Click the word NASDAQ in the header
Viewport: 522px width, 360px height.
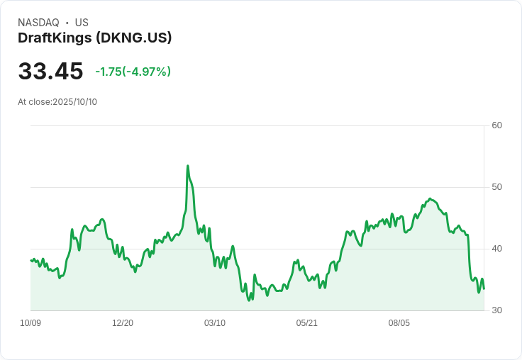(x=38, y=23)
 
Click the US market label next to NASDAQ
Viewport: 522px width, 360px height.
(x=82, y=23)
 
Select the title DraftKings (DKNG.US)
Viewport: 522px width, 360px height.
(x=95, y=38)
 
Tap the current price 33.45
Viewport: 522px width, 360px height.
(x=50, y=72)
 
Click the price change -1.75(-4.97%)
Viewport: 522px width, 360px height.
(x=133, y=72)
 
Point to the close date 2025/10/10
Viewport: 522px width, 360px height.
(x=74, y=102)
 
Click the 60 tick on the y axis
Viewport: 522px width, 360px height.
(x=496, y=125)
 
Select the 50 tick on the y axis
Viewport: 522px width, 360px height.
(x=496, y=187)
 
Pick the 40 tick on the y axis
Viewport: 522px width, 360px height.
(x=496, y=249)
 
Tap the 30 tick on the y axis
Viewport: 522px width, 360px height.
(x=496, y=310)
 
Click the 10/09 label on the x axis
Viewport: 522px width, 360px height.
(x=30, y=323)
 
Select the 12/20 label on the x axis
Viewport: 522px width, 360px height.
(x=123, y=323)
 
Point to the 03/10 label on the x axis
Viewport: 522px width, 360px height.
(x=215, y=323)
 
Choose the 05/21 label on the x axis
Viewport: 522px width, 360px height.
(x=307, y=323)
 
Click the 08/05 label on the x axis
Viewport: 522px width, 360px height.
(x=399, y=323)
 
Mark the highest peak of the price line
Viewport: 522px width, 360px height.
(x=187, y=166)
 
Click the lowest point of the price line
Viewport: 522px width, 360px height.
(x=249, y=300)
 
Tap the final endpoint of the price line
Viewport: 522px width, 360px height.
(x=484, y=288)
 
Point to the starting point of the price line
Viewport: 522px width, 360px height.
(x=30, y=260)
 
